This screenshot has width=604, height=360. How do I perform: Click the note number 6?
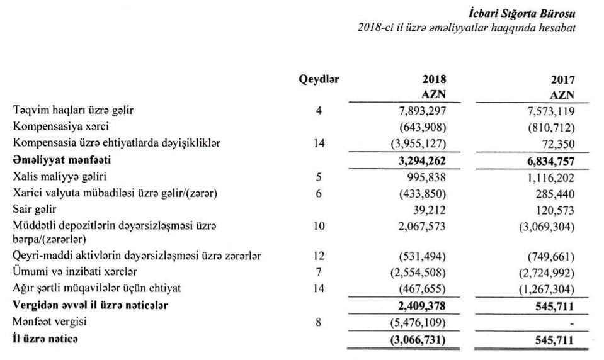(319, 193)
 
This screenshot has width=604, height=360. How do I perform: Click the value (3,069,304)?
(544, 225)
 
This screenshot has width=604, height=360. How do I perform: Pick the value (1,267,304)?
(544, 289)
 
